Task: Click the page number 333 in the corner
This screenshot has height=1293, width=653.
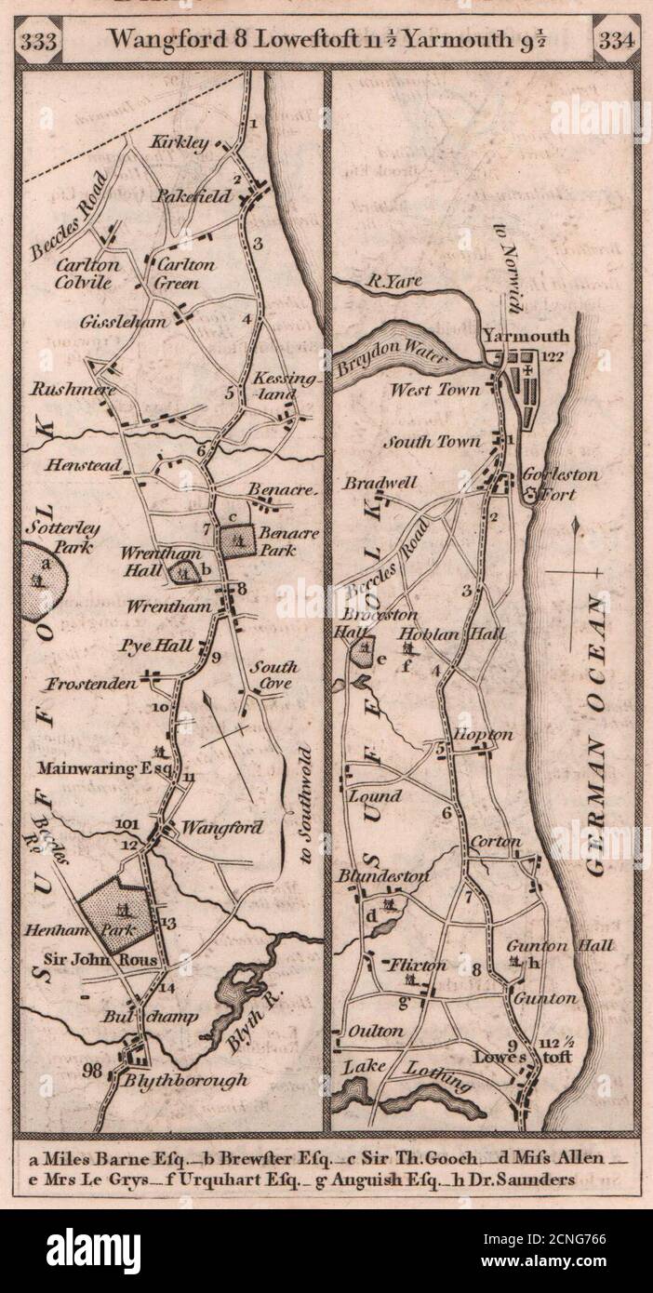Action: pyautogui.click(x=47, y=41)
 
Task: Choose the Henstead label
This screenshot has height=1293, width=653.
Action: pyautogui.click(x=101, y=462)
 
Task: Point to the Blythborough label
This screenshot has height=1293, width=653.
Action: pyautogui.click(x=187, y=1080)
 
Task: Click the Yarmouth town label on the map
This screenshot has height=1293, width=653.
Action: pyautogui.click(x=526, y=337)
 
